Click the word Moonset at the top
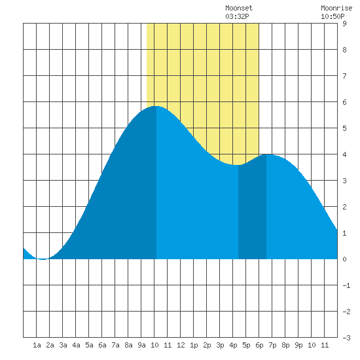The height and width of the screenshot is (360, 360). pyautogui.click(x=239, y=8)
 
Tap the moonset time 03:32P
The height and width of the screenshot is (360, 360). pyautogui.click(x=237, y=16)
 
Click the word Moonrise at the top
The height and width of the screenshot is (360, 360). pyautogui.click(x=336, y=8)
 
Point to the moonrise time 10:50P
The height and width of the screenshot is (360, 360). pyautogui.click(x=333, y=16)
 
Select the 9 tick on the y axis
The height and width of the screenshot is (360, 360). pyautogui.click(x=344, y=24)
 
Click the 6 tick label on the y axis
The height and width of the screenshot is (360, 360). pyautogui.click(x=344, y=102)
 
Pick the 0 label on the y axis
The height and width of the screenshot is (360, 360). pyautogui.click(x=344, y=259)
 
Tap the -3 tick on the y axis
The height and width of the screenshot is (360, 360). pyautogui.click(x=346, y=338)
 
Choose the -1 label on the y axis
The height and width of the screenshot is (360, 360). pyautogui.click(x=346, y=285)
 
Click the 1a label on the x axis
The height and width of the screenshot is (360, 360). pyautogui.click(x=37, y=345)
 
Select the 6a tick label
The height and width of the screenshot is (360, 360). pyautogui.click(x=102, y=345)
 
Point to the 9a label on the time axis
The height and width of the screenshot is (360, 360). pyautogui.click(x=141, y=345)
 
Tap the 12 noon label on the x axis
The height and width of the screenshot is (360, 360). pyautogui.click(x=181, y=345)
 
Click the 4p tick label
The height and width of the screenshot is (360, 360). pyautogui.click(x=233, y=345)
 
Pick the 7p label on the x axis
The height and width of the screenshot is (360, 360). pyautogui.click(x=272, y=345)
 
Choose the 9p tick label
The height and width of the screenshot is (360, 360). pyautogui.click(x=298, y=345)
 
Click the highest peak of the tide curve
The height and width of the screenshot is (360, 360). pyautogui.click(x=156, y=106)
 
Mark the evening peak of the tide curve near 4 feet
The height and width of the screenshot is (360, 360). pyautogui.click(x=269, y=154)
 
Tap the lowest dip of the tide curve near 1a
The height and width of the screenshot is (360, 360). pyautogui.click(x=43, y=259)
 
